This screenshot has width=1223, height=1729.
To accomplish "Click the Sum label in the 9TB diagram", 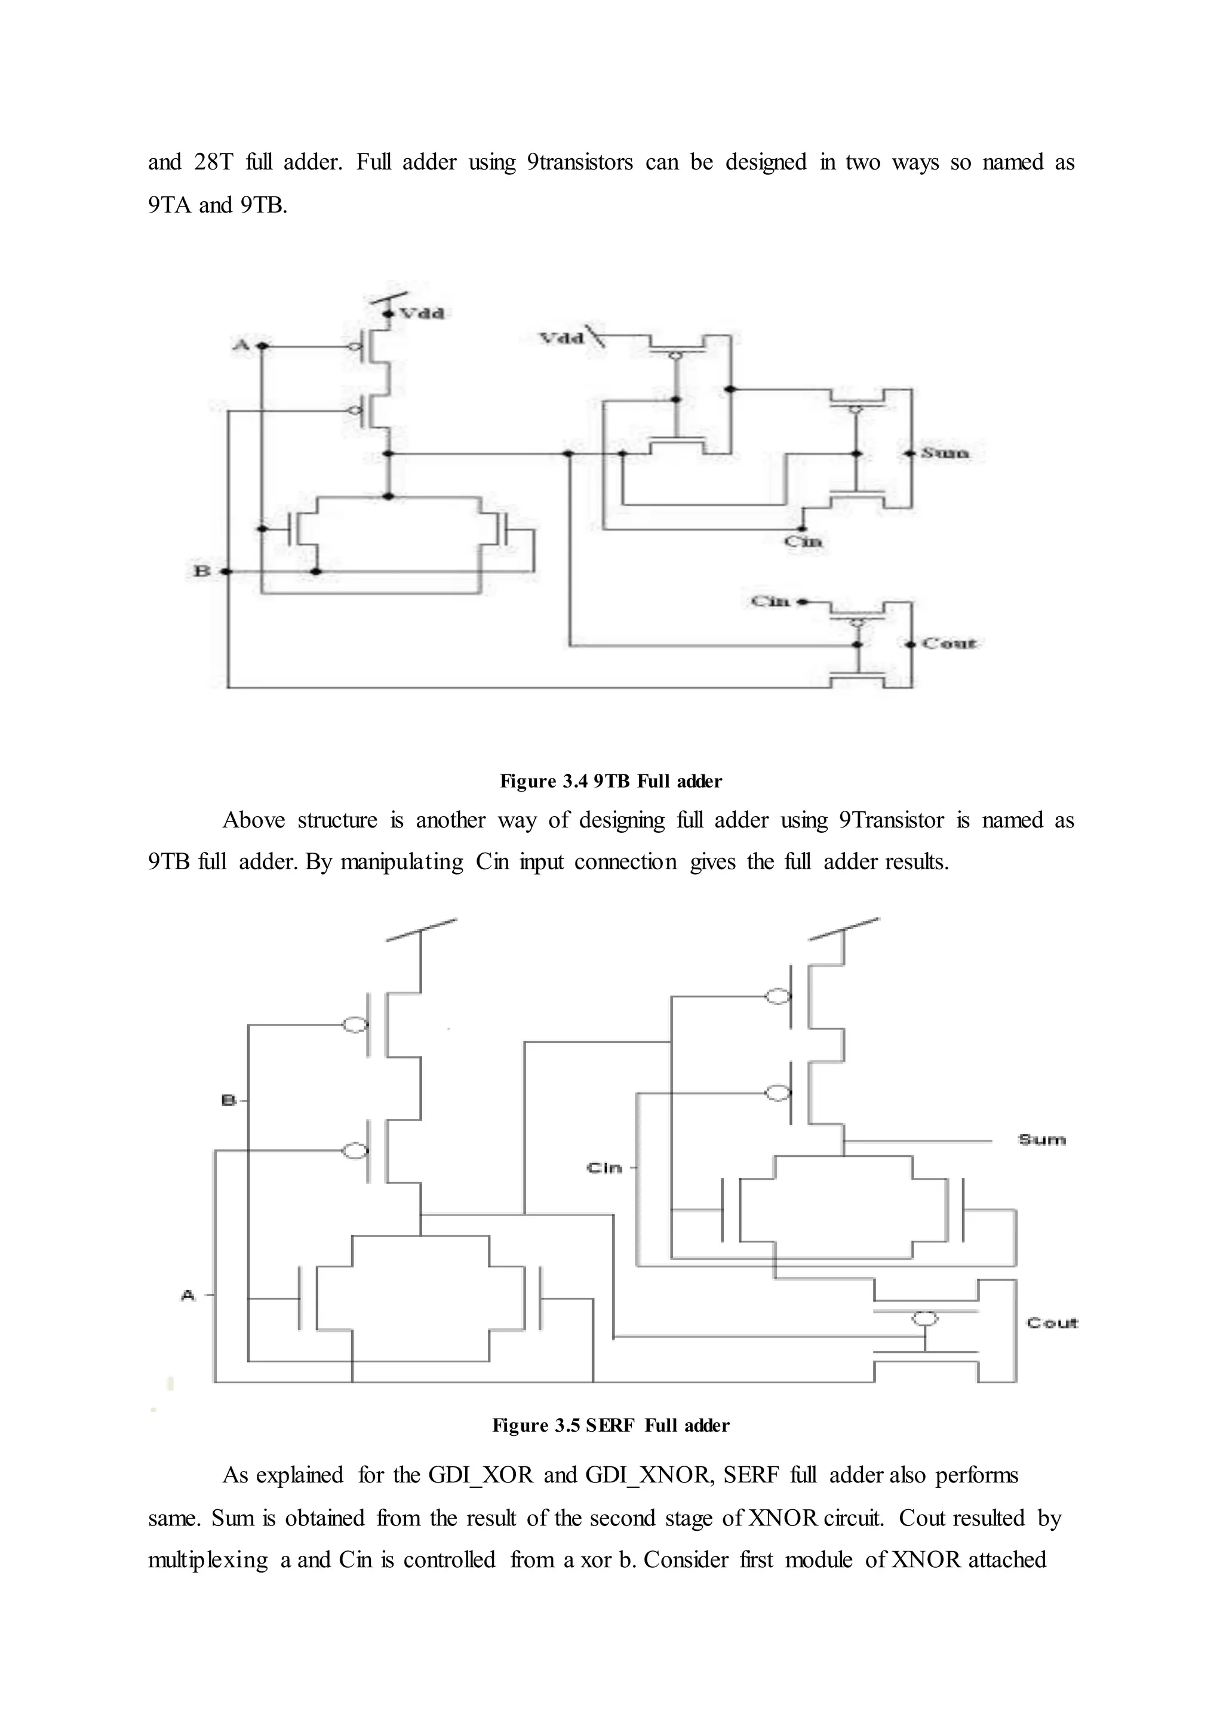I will pyautogui.click(x=945, y=453).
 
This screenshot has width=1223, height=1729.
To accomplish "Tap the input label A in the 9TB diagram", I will pyautogui.click(x=240, y=345).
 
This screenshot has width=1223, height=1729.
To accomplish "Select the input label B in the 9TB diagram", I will pyautogui.click(x=202, y=571).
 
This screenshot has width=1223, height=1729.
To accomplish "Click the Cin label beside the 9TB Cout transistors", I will pyautogui.click(x=770, y=601).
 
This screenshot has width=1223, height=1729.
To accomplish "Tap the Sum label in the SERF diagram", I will pyautogui.click(x=1042, y=1139).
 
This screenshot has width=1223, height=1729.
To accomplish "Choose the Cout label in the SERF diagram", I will pyautogui.click(x=1052, y=1323).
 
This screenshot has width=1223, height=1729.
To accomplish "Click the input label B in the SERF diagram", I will pyautogui.click(x=228, y=1100).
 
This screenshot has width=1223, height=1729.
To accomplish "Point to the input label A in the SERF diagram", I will pyautogui.click(x=188, y=1295).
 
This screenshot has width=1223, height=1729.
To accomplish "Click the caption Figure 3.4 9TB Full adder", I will pyautogui.click(x=611, y=781).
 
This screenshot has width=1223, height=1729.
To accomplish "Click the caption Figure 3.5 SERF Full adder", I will pyautogui.click(x=611, y=1426).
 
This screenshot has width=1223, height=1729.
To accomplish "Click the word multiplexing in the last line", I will pyautogui.click(x=208, y=1559).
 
